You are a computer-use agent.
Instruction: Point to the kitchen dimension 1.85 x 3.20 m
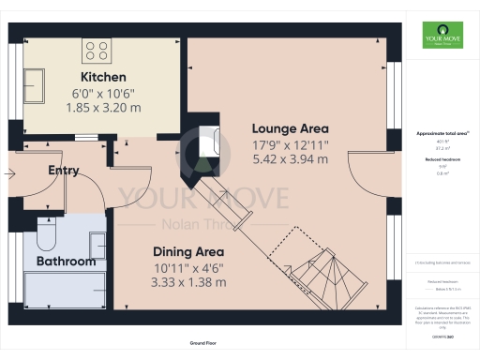103,108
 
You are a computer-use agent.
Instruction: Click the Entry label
64,171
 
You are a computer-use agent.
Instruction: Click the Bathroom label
66,261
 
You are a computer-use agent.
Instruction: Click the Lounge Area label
290,128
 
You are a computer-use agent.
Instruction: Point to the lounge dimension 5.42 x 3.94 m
290,159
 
